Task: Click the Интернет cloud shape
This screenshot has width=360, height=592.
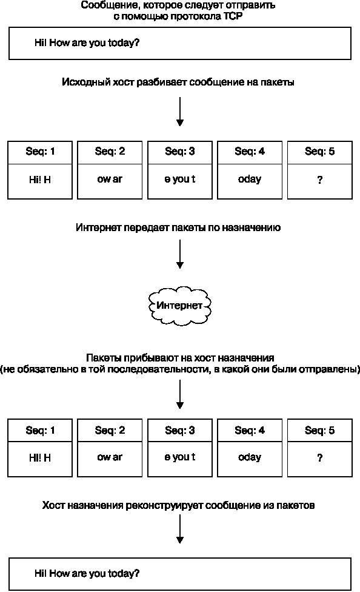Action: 179,305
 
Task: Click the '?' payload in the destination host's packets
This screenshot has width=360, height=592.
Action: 319,458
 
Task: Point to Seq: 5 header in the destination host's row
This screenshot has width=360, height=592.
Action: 319,431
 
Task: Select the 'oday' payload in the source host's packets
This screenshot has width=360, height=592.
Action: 250,180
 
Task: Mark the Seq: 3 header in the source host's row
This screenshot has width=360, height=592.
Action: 180,152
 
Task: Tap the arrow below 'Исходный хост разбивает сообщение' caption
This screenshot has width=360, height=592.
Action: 180,112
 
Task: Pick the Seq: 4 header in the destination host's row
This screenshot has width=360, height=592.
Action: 250,431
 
